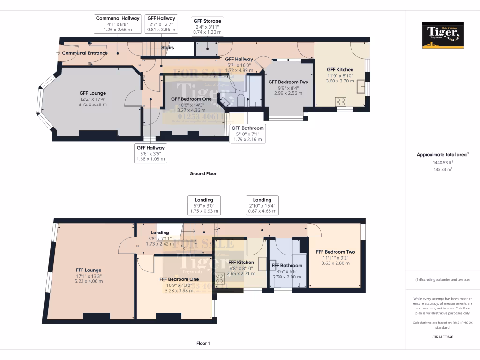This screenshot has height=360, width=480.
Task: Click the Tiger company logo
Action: coord(442,35)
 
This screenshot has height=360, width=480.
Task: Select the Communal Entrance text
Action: coord(85,53)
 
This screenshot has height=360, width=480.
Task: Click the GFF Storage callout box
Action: coord(207,27)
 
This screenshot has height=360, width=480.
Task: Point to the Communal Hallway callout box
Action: coord(118,24)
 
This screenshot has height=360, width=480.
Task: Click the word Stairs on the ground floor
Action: coord(167,48)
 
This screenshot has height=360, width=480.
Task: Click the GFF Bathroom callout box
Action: coord(247,134)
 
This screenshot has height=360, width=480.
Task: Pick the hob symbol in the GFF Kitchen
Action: coord(340,101)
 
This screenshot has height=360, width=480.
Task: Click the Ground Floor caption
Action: coord(202,173)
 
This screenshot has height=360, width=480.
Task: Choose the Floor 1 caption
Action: coord(202,343)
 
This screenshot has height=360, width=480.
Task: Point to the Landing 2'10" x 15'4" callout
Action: coord(262,205)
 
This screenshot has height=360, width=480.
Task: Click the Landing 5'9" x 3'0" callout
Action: coord(203,205)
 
